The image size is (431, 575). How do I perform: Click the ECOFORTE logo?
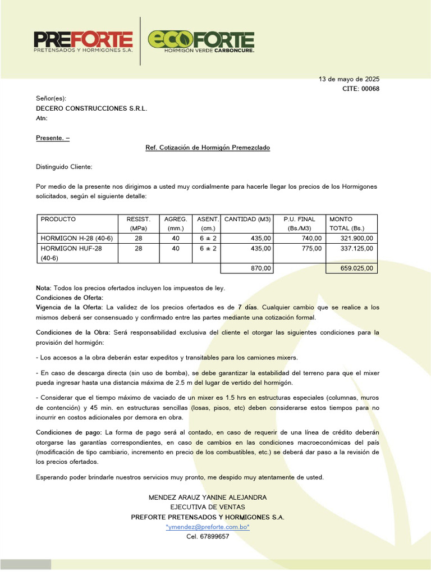click(x=201, y=40)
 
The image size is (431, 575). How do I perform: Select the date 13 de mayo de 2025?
click(x=349, y=79)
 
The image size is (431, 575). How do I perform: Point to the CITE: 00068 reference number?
click(x=361, y=89)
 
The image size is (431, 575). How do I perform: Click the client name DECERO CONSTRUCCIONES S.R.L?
click(x=91, y=108)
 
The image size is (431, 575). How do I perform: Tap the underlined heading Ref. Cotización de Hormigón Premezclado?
click(x=208, y=148)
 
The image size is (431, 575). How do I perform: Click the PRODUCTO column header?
click(x=58, y=219)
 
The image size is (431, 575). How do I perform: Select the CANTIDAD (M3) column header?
click(x=247, y=219)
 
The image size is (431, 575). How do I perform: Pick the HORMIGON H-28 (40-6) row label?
click(x=77, y=239)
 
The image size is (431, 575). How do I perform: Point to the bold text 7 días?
click(x=248, y=307)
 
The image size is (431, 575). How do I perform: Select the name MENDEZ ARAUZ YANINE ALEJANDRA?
click(x=208, y=498)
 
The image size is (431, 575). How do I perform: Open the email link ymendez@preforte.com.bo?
click(x=208, y=527)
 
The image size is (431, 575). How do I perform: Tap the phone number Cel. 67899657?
click(x=208, y=536)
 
